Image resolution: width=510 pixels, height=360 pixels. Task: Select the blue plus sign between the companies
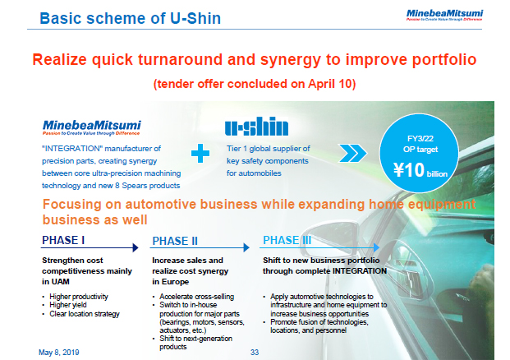198,155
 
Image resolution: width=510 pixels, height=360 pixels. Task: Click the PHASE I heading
66,241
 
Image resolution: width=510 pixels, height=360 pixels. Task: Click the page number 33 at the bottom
254,352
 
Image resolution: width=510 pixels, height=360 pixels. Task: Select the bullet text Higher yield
72,305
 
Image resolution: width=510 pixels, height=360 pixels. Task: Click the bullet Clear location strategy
86,313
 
